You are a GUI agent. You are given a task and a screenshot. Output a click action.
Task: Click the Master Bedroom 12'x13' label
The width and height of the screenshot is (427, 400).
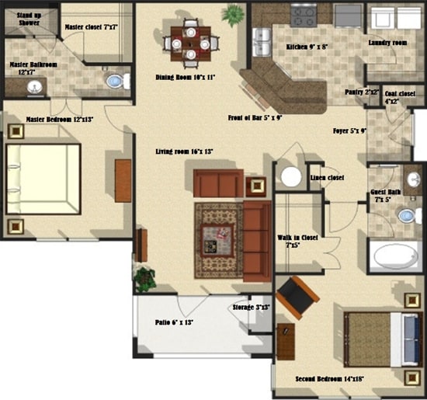(59, 119)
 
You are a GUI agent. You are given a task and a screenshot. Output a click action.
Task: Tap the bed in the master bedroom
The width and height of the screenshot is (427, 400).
(43, 179)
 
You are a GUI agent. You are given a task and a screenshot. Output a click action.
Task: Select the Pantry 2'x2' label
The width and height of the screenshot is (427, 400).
(362, 92)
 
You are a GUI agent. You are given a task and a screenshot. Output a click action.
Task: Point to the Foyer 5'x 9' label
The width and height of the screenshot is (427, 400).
(350, 130)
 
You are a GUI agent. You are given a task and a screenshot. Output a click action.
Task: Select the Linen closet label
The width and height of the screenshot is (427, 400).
(327, 179)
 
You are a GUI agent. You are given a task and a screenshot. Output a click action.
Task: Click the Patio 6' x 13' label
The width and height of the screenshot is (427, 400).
(175, 321)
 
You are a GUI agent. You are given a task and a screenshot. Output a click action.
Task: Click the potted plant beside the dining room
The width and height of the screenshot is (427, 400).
(232, 14)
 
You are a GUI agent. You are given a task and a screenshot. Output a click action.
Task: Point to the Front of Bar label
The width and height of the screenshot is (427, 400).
(255, 118)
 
